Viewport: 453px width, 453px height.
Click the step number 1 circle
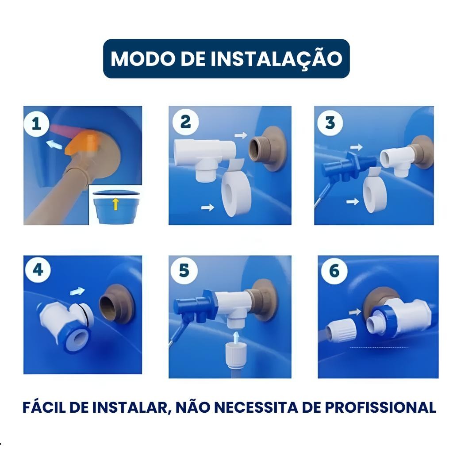(x=36, y=124)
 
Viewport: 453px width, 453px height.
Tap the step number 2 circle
(x=185, y=122)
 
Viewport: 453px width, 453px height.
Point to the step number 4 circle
(x=38, y=270)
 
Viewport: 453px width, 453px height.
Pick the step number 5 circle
(x=184, y=270)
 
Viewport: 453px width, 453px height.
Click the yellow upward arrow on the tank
(x=115, y=204)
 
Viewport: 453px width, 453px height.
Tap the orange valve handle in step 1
(x=82, y=142)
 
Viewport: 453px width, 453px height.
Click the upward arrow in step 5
(x=236, y=337)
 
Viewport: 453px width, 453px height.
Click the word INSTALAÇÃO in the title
(x=276, y=59)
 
